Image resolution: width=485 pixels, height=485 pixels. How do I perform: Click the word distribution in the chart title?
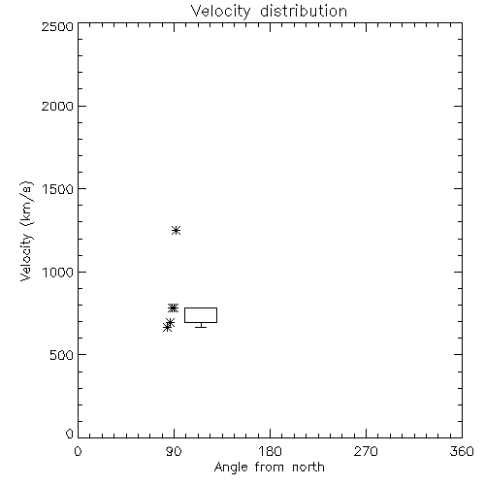coord(304,11)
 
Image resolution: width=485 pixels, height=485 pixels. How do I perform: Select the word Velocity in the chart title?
coord(220,12)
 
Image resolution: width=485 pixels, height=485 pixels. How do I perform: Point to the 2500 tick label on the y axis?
coord(57,26)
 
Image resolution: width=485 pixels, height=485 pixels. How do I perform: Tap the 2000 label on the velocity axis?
coord(57,106)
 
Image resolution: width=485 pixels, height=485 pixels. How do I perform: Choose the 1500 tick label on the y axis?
coord(58,189)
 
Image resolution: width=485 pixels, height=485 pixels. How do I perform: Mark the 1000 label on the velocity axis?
coord(58,273)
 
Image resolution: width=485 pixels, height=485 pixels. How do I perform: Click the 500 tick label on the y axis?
coord(62,355)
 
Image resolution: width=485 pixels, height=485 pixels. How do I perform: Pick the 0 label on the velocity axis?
coord(70,434)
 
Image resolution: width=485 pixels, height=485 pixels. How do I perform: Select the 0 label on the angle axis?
coord(78,451)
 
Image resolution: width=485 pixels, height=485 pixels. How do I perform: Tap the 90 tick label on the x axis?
coord(174,451)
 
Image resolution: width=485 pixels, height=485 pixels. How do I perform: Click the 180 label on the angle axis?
coord(270,451)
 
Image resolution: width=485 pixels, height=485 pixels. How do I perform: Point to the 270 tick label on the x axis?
coord(366,451)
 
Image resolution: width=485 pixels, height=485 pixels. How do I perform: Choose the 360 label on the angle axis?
coord(462,451)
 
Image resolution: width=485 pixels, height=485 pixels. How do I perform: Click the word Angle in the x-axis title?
coord(231,468)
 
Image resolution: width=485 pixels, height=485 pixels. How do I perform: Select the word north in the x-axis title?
coord(308,467)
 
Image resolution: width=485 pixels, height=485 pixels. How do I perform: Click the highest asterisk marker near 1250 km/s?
coord(176,231)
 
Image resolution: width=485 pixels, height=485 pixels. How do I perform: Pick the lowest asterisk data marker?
coord(167,328)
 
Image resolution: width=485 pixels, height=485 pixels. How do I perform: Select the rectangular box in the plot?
coord(201,307)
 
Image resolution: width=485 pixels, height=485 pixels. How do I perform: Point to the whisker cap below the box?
coord(201,327)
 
